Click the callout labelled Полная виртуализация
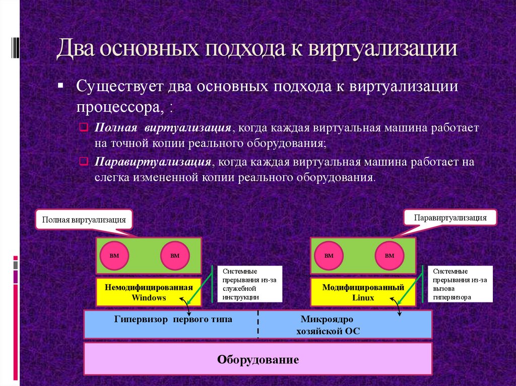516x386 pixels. (x=84, y=220)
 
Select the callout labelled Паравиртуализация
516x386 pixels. (x=450, y=217)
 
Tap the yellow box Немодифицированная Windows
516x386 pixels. (x=149, y=292)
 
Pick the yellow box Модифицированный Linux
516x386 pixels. (x=363, y=292)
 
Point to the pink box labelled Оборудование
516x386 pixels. (x=258, y=359)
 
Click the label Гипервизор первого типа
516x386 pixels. (x=173, y=319)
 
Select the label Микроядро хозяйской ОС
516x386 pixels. (x=327, y=325)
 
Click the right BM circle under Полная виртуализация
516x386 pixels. (x=175, y=256)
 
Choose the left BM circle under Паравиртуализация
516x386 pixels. (x=329, y=256)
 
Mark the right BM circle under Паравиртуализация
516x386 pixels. (x=390, y=256)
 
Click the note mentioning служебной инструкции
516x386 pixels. (x=250, y=284)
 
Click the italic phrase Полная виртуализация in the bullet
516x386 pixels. (x=163, y=128)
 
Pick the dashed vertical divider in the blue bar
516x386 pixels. (x=259, y=325)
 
